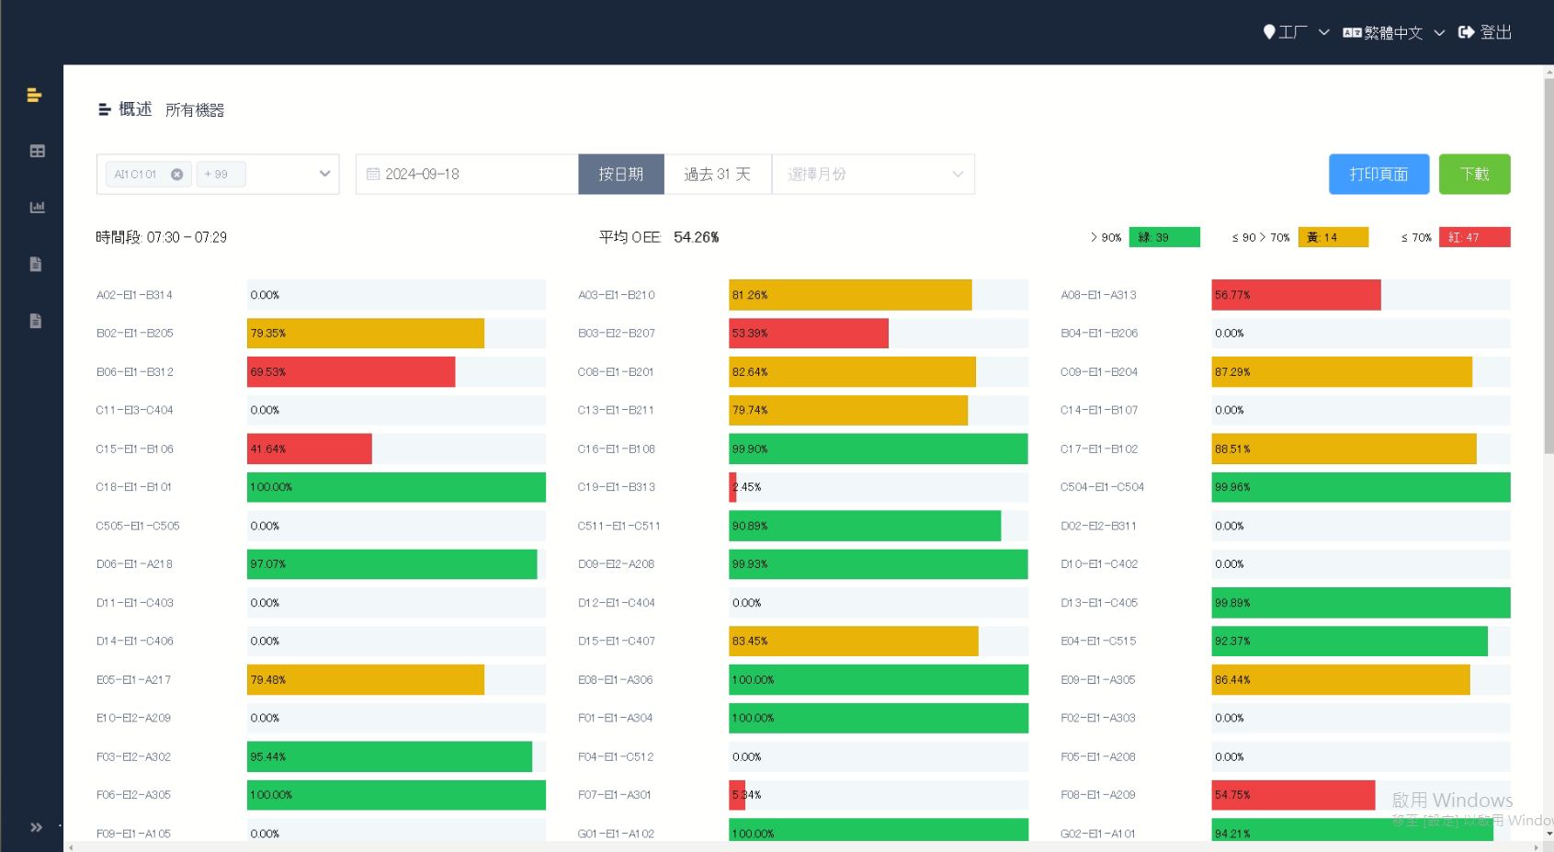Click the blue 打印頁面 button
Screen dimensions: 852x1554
(1378, 174)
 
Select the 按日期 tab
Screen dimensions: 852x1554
(621, 174)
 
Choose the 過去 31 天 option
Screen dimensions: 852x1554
(718, 174)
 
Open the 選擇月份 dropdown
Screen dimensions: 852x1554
(873, 174)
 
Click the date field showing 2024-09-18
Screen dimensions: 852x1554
(467, 174)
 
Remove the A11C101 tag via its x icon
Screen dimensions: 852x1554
(177, 174)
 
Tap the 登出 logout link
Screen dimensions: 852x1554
(1485, 32)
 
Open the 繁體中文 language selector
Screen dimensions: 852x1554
(1393, 32)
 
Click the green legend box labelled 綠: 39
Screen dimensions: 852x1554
(1163, 237)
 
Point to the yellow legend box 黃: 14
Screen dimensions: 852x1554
(1333, 237)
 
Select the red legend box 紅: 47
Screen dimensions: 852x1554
(1474, 237)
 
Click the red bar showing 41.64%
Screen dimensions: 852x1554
(310, 449)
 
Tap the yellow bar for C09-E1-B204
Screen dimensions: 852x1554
(1341, 372)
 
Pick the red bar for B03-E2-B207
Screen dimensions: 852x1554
(809, 334)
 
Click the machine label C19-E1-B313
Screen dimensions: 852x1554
(617, 487)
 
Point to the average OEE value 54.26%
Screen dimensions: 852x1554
(696, 237)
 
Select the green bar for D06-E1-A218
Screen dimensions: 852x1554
(391, 564)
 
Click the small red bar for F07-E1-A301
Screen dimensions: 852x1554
(737, 795)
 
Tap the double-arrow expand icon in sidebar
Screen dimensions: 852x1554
(36, 827)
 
